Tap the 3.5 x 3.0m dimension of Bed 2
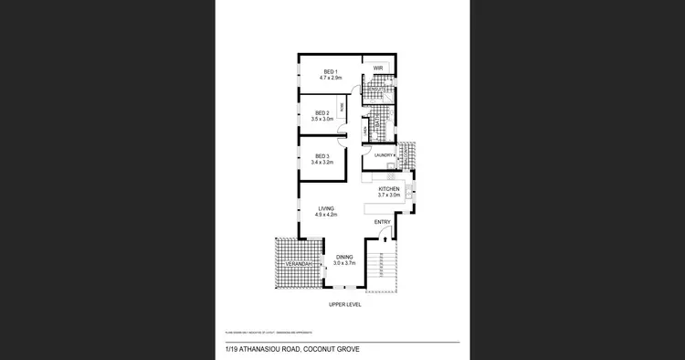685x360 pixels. (321, 120)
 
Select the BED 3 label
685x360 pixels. (321, 155)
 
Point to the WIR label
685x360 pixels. (376, 69)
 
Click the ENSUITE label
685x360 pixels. (374, 88)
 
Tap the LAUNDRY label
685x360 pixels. (383, 155)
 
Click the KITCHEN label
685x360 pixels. (390, 189)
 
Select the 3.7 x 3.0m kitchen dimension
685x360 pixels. (390, 196)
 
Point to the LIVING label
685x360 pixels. (326, 208)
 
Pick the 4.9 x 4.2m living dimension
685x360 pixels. (326, 215)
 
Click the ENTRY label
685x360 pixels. (383, 222)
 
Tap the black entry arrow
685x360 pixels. (385, 239)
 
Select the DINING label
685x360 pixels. (343, 257)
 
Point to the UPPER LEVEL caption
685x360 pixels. (344, 304)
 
